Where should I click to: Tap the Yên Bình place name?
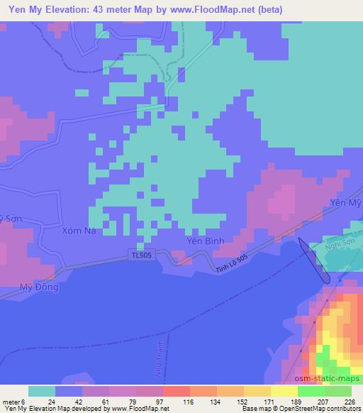tap(205, 241)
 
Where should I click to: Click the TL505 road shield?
tap(142, 254)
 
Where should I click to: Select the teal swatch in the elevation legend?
tap(42, 392)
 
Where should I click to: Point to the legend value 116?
tap(168, 401)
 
